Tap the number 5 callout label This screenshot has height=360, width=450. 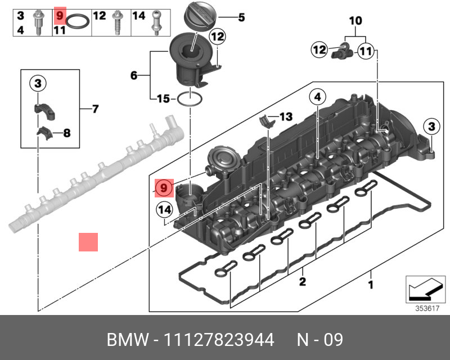coord(241,18)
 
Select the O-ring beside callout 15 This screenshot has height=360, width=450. coord(190,100)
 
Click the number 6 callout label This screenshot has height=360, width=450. coord(133,75)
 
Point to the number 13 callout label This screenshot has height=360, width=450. coord(286,116)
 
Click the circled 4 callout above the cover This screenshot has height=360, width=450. coord(317,97)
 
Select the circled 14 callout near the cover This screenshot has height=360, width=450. coord(164,209)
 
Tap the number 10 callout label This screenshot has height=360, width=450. coord(355,21)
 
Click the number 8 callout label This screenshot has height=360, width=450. coord(66,133)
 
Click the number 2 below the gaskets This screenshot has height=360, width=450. coord(302,281)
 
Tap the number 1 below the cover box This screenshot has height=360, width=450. coord(370,285)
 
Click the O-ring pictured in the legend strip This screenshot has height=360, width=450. coord(78,23)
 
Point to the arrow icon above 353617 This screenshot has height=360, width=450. coord(422,289)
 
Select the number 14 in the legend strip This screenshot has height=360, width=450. coord(138,15)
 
